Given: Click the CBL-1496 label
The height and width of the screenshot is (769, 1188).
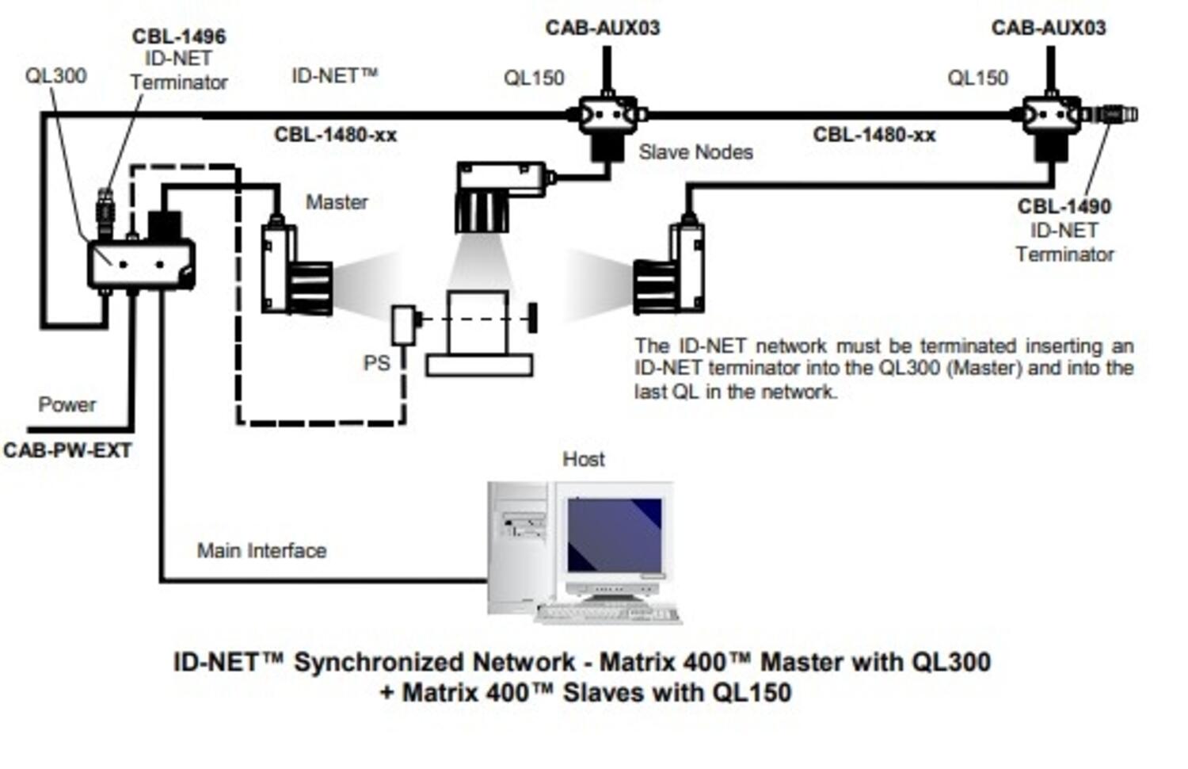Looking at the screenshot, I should (179, 36).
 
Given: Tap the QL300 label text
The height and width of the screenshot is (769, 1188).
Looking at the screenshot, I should (55, 76).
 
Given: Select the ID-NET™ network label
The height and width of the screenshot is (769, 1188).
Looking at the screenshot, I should (334, 76).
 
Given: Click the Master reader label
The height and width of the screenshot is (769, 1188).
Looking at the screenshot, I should (337, 202).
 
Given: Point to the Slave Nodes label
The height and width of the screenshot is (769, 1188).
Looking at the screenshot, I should (695, 152).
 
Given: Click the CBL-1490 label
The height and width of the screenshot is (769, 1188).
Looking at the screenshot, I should (1064, 207).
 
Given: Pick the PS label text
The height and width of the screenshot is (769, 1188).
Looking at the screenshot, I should (376, 363).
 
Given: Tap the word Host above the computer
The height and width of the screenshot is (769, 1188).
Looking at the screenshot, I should (583, 459).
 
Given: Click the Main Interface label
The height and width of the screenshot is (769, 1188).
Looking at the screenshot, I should (261, 551).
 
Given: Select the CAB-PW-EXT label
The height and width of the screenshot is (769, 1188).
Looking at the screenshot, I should (67, 451).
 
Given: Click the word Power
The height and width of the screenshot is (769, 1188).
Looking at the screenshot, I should (67, 405).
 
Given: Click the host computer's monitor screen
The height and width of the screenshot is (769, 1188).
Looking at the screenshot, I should (615, 535).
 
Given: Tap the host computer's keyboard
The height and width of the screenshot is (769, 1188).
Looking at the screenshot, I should (608, 613).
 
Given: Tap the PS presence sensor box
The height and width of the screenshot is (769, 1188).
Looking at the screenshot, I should (404, 324).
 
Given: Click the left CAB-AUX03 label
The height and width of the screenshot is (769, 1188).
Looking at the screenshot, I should (602, 29).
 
